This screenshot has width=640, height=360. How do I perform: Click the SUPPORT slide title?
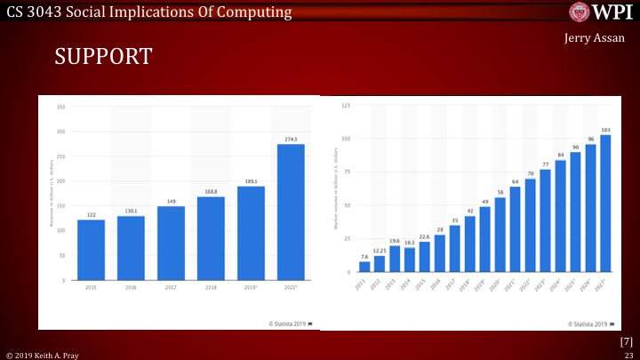pos(104,57)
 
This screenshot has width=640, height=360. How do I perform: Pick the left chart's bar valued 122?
pos(92,249)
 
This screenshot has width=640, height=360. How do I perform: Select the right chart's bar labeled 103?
pos(605,202)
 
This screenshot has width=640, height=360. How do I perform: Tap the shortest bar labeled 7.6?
pos(364,266)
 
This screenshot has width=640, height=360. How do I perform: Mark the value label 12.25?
pos(380,251)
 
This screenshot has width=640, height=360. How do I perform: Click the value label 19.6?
pos(395,241)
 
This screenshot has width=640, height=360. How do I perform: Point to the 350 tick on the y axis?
pos(61,107)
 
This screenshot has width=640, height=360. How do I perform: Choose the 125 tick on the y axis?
pos(345,106)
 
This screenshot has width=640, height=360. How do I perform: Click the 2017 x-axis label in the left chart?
pos(172,287)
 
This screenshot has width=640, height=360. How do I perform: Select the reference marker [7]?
pos(626,341)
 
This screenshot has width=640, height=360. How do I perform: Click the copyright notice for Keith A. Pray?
pos(42,354)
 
